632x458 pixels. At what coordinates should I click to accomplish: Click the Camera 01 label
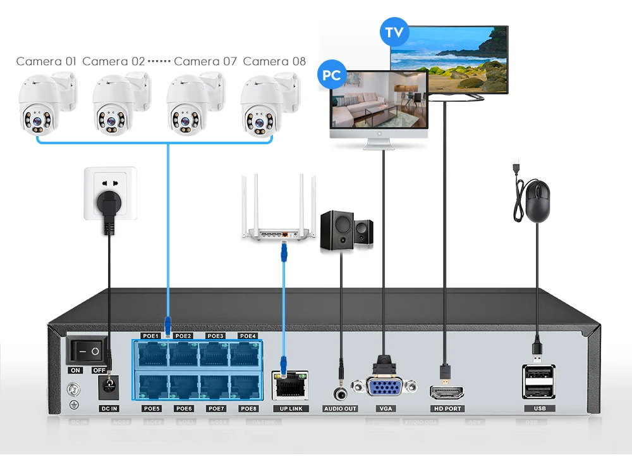click(46, 61)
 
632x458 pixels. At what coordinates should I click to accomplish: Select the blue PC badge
click(332, 75)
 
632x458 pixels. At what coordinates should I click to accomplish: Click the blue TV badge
click(394, 34)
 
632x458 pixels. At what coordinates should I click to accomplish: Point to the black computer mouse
click(537, 201)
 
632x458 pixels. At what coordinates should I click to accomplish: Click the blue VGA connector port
click(384, 388)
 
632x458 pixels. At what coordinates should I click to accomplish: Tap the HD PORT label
click(447, 409)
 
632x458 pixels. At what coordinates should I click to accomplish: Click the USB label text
click(539, 409)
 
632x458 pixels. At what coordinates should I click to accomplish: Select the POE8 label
click(248, 409)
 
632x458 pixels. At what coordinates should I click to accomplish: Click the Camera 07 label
click(205, 61)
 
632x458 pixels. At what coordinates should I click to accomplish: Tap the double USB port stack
click(539, 381)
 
